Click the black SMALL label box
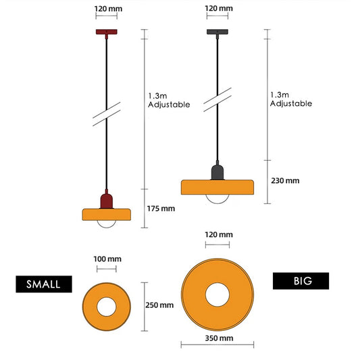tap(44, 284)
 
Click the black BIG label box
tap(301, 281)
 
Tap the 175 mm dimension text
tap(161, 209)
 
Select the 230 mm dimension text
tap(285, 181)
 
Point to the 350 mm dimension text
tap(219, 338)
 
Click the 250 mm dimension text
tap(159, 305)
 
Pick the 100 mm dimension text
tap(107, 259)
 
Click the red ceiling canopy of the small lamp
tap(107, 32)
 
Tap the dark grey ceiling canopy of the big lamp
tap(217, 32)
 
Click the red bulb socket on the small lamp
tap(107, 201)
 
